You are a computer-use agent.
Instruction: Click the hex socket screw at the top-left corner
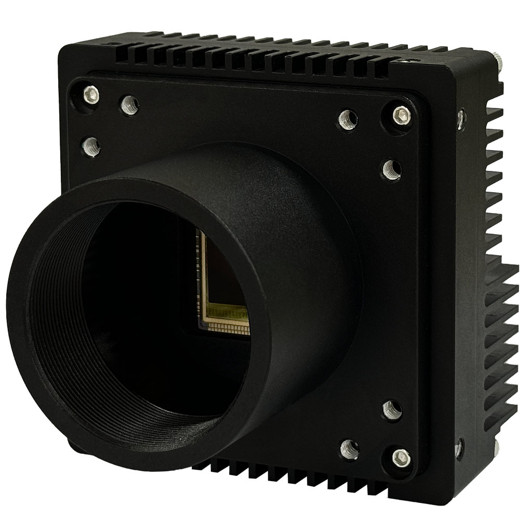pyautogui.click(x=92, y=95)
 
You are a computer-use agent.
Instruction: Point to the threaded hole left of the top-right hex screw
pyautogui.click(x=347, y=119)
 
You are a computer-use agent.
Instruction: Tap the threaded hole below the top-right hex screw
pyautogui.click(x=392, y=169)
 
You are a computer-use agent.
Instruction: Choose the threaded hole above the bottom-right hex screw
pyautogui.click(x=392, y=410)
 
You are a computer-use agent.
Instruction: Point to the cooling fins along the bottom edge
pyautogui.click(x=291, y=475)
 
